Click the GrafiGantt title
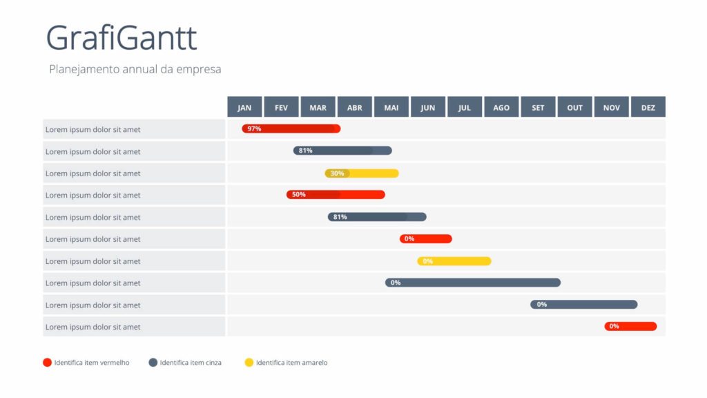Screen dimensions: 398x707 pos(122,38)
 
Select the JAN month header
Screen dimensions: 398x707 pos(244,107)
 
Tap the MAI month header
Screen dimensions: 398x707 pos(391,107)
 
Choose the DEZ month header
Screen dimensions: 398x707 pos(648,107)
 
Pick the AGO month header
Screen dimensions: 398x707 pos(501,107)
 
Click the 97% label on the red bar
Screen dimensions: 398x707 pos(254,129)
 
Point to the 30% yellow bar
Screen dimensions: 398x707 pos(362,173)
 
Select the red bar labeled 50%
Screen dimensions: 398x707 pos(336,195)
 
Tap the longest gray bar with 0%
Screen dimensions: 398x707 pos(473,283)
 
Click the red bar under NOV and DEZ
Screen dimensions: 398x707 pos(631,326)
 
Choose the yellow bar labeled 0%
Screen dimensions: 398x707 pos(454,261)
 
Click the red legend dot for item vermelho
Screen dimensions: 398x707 pos(47,362)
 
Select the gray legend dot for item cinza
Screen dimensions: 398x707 pos(153,362)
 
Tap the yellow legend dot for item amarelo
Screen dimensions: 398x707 pos(249,362)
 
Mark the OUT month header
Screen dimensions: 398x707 pos(575,107)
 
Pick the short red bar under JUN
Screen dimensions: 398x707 pos(426,239)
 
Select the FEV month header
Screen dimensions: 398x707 pos(281,107)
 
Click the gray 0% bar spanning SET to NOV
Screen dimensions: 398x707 pos(584,305)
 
